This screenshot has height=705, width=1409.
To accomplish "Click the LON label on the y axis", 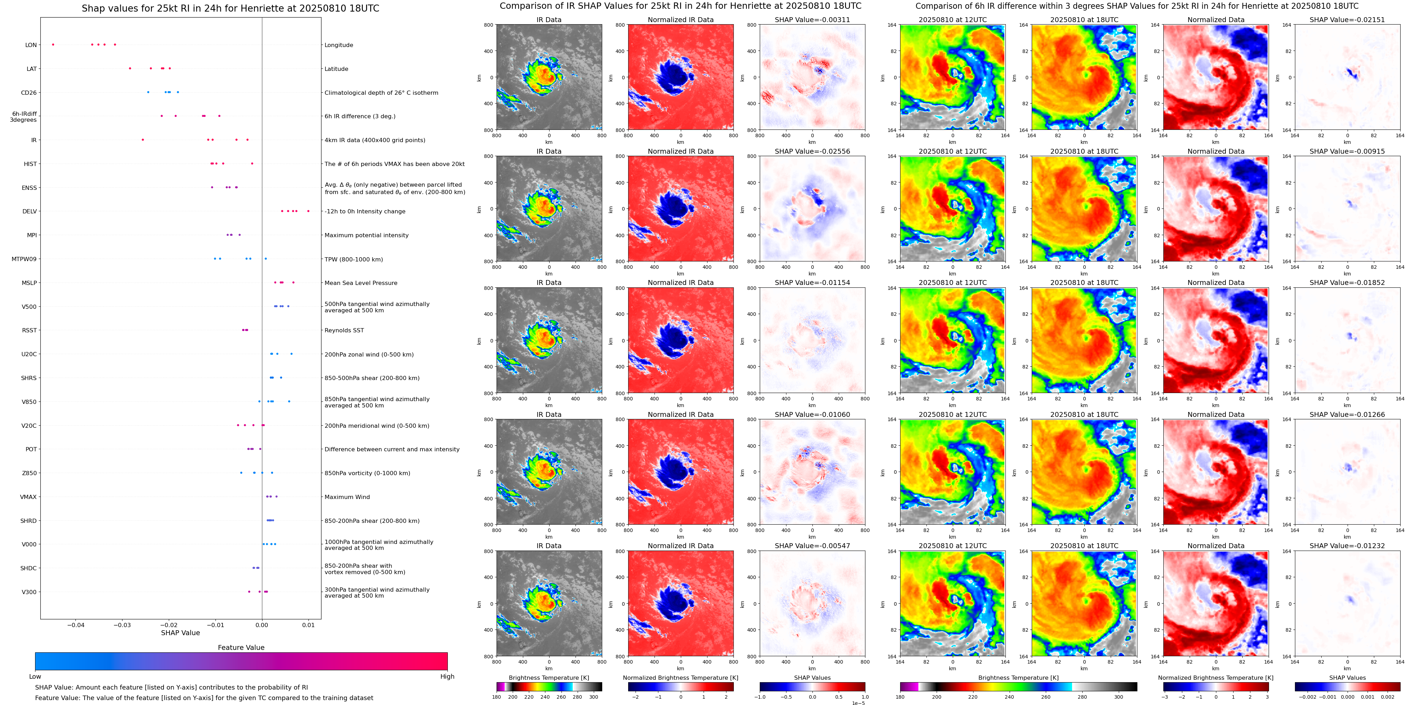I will pos(31,45).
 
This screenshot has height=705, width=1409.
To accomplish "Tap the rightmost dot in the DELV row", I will pos(308,211).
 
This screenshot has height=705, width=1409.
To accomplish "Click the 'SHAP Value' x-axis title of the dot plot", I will pos(180,633).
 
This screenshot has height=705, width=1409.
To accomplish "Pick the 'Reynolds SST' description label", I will pos(344,330).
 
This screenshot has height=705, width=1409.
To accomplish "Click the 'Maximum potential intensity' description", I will pos(366,235).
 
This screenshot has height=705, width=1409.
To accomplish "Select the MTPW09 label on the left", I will pos(24,259).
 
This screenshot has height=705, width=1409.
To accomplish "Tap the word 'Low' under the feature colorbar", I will pos(35,677).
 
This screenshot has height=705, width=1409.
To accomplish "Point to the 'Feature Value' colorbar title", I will pos(241,647).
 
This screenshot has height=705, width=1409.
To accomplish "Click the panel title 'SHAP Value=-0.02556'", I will pos(812,152).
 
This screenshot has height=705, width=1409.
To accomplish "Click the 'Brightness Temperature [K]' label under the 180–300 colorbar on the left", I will pos(549,678).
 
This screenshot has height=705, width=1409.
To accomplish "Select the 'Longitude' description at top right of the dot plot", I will pos(339,45).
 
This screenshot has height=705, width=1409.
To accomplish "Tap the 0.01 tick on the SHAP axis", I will pos(308,625).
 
